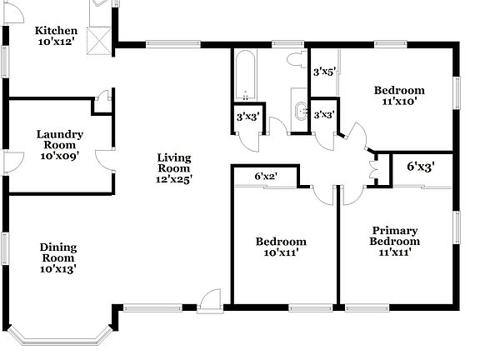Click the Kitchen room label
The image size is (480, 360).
[x=60, y=37]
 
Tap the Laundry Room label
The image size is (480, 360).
[x=59, y=143]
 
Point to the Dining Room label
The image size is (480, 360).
[x=59, y=257]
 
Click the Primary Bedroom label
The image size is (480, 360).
[x=395, y=242]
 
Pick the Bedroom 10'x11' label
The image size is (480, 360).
[x=281, y=247]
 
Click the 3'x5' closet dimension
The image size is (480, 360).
[x=322, y=72]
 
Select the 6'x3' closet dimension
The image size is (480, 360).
[x=420, y=167]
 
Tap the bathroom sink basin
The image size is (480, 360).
[x=299, y=109]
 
